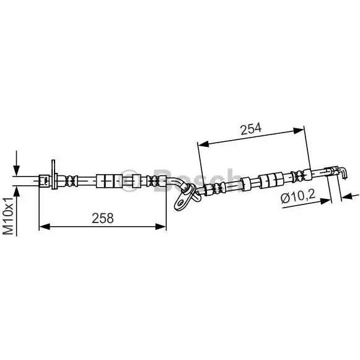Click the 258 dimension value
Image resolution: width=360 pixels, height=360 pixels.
(x=103, y=218)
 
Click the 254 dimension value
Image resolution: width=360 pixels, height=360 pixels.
(x=251, y=129)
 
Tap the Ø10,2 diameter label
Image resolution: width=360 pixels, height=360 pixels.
(x=298, y=196)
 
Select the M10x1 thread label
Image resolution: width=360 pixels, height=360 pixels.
(x=8, y=216)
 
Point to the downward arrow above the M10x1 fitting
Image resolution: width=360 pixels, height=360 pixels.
(x=16, y=163)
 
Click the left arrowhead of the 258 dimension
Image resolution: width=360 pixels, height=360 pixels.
(x=45, y=227)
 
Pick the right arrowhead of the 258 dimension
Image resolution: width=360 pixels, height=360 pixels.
(x=160, y=227)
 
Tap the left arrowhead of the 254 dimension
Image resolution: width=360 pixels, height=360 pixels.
(x=203, y=144)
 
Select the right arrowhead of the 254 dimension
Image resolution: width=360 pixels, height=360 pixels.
(x=299, y=131)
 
